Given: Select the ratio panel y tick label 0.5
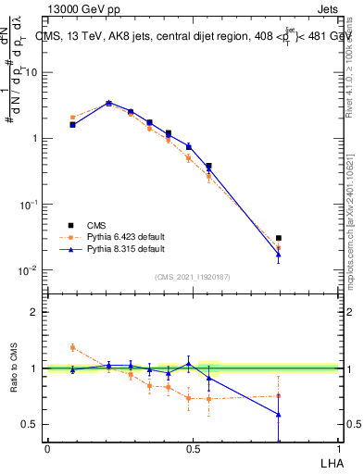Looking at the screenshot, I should [31, 424].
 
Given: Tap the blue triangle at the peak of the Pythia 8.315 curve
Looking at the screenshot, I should [108, 103].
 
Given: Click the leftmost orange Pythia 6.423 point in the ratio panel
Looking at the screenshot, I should [73, 347].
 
